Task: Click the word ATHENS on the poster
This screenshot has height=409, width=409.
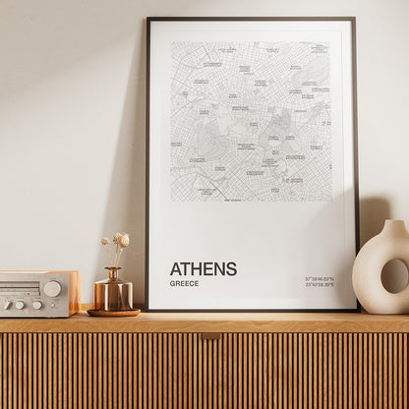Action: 203,268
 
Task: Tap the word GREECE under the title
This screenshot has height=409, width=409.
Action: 184,284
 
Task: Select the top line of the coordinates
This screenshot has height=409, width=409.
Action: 320,279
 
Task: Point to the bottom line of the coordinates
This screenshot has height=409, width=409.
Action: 320,286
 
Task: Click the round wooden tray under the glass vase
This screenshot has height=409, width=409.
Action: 113,313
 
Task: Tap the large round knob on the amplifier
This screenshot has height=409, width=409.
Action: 52,288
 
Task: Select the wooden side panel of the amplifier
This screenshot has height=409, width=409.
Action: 74,293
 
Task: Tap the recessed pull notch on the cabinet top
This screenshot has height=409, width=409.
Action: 210,336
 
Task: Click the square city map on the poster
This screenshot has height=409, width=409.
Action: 251,121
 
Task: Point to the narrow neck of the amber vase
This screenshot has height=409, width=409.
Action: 114,273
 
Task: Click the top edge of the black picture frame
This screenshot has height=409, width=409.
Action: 251,19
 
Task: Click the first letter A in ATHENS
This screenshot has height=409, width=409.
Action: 175,268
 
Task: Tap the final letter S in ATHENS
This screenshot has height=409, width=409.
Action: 231,268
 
